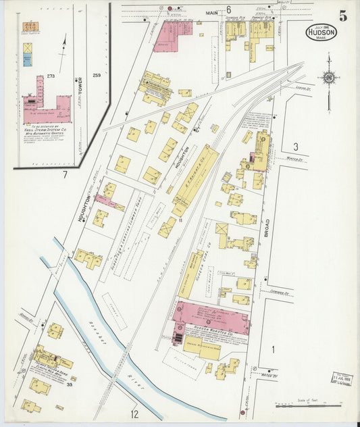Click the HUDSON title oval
[x=321, y=32]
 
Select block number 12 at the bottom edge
[x=134, y=413]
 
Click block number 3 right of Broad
[x=295, y=147]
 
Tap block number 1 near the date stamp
[x=274, y=349]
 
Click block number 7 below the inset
[x=65, y=176]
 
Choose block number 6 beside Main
[x=228, y=9]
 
